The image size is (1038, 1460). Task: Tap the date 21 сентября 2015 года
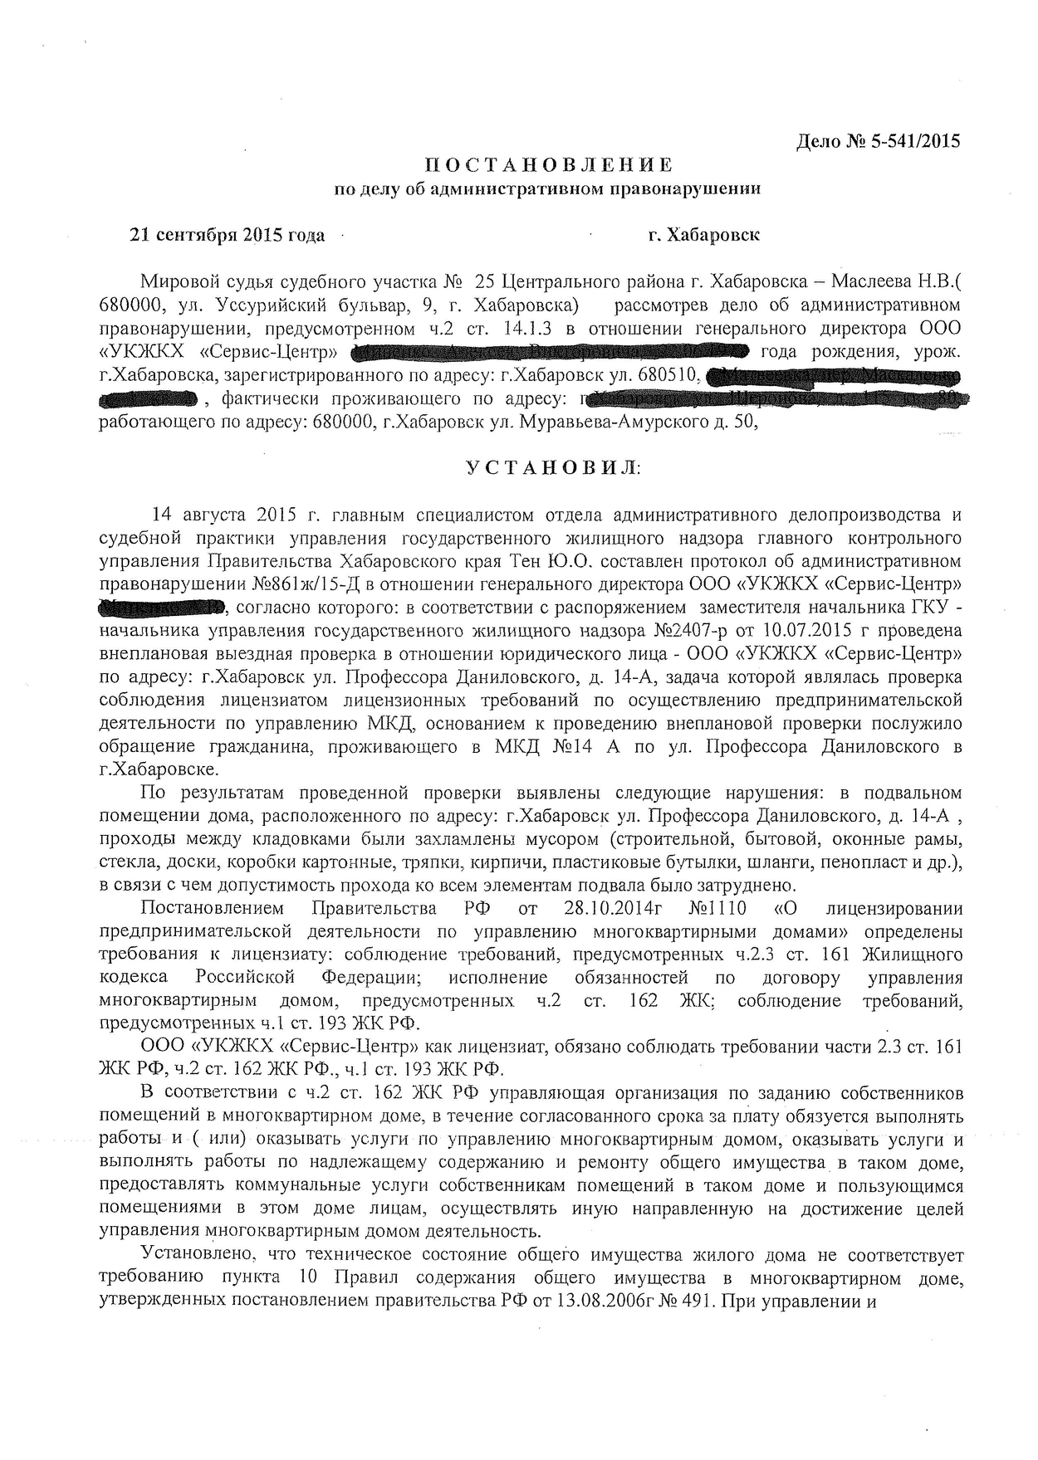point(226,235)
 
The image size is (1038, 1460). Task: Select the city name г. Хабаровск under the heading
point(704,235)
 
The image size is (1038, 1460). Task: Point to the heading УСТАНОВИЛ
point(551,468)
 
